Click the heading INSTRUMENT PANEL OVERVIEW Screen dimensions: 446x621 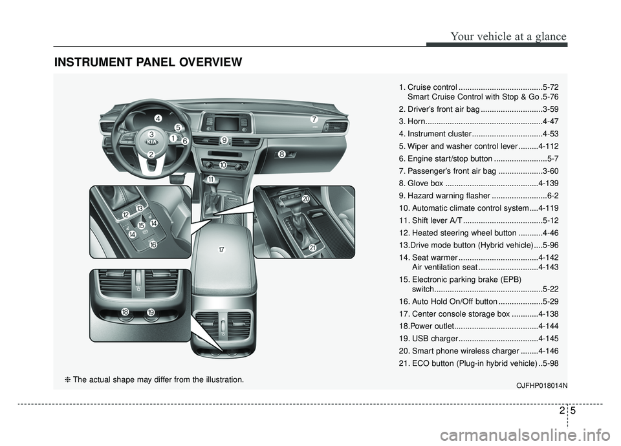(149, 62)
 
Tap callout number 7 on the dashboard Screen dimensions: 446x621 (314, 120)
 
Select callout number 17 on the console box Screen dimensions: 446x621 (221, 250)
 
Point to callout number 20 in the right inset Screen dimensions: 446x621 (305, 198)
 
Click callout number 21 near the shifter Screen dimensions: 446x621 (312, 248)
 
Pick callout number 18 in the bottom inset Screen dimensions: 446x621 (125, 312)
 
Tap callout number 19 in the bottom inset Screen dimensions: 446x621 (151, 312)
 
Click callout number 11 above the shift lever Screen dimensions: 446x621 (211, 178)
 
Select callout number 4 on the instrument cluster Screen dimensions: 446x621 (158, 118)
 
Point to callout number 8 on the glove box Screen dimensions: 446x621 (282, 154)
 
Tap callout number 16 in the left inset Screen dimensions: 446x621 (153, 245)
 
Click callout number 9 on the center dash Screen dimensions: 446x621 (224, 140)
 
